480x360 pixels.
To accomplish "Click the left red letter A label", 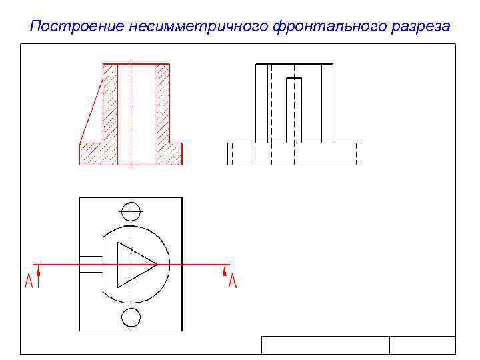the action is click(29, 281).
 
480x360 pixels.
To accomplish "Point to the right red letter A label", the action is click(232, 281).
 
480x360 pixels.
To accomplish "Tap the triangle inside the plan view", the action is click(133, 265).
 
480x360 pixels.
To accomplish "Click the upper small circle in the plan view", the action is click(131, 212).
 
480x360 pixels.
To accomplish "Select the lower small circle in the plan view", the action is click(131, 317).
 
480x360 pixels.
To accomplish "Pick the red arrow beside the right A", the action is click(224, 271).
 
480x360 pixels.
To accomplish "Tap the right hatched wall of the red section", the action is click(163, 107).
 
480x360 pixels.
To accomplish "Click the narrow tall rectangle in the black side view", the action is click(293, 110).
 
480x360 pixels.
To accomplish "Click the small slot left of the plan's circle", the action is click(91, 265).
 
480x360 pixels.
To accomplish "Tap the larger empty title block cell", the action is click(325, 345).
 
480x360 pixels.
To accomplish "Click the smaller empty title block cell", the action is click(422, 345).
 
